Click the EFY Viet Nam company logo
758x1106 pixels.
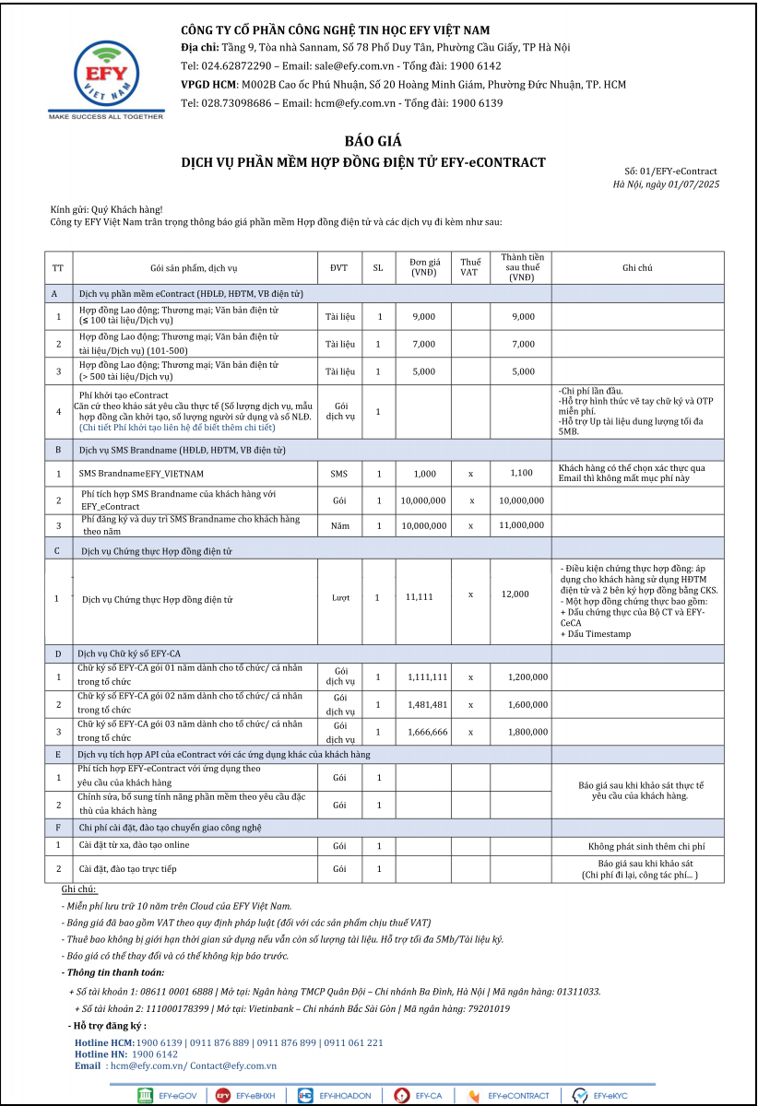[x=106, y=77]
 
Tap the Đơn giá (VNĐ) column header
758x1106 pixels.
[x=423, y=267]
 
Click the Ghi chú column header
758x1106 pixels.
[x=637, y=268]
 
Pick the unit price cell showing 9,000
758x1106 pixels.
[x=423, y=317]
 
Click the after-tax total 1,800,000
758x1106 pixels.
[x=527, y=732]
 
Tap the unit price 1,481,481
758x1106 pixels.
[x=427, y=704]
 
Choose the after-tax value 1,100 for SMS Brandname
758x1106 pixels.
[x=522, y=474]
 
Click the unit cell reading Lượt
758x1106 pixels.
[x=340, y=598]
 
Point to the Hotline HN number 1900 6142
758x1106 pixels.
[x=155, y=1053]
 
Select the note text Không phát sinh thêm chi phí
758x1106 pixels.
[x=645, y=846]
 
